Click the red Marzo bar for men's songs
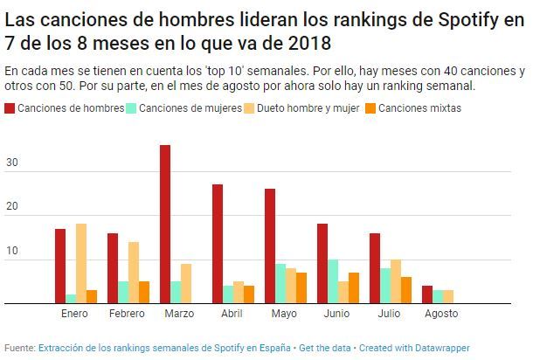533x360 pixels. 165,225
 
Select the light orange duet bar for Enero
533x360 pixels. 81,264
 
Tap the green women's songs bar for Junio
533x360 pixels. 333,281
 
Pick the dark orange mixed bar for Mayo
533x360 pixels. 301,288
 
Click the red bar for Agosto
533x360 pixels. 427,294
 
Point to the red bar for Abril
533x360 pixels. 218,244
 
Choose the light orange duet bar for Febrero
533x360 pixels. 134,273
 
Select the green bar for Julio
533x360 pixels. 385,286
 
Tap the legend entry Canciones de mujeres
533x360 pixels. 179,108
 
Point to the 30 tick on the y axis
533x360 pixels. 11,163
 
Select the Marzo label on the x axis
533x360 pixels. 178,314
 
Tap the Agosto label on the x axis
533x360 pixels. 440,314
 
